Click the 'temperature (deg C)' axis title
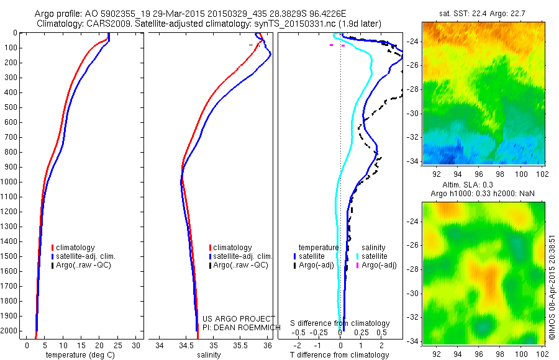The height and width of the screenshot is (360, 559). (78, 355)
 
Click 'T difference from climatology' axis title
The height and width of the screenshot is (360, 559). (340, 355)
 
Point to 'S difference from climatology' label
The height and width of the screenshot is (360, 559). (340, 323)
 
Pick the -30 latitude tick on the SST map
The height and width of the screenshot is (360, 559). (413, 114)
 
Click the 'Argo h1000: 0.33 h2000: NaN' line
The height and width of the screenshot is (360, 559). (485, 194)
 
